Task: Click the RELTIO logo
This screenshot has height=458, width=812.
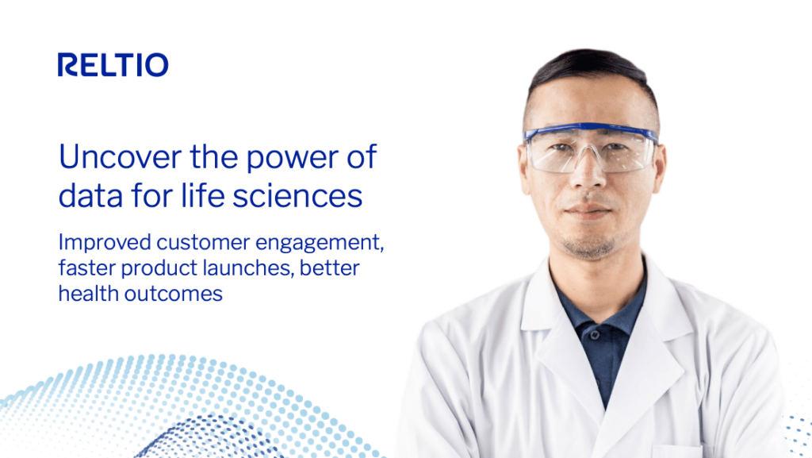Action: coord(113,65)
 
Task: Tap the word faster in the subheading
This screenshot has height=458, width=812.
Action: coord(85,268)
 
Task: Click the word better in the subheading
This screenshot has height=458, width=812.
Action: coord(332,268)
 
